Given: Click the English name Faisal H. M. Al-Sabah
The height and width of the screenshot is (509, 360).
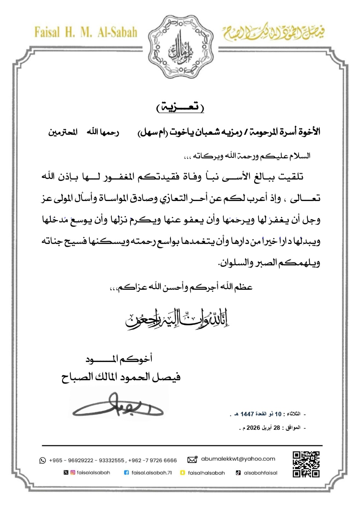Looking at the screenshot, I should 86,32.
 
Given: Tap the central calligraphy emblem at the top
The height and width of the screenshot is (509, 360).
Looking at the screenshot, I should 180,42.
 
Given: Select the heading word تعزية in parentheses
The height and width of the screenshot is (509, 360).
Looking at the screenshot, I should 180,108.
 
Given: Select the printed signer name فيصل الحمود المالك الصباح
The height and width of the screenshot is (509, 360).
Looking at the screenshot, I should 121,377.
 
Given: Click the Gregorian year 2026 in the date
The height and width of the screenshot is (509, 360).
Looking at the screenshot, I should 253,428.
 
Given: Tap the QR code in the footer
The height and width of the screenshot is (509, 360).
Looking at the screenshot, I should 306,464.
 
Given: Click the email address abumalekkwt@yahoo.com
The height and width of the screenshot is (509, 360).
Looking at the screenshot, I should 238,459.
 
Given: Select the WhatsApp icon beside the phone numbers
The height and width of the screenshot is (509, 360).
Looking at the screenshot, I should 43,460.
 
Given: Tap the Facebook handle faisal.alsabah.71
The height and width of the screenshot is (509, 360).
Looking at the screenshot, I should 152,473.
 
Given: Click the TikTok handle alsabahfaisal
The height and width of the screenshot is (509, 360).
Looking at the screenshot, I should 260,473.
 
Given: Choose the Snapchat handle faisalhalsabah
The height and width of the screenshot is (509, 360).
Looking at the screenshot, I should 206,473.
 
